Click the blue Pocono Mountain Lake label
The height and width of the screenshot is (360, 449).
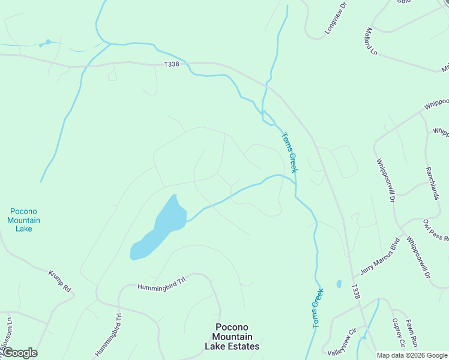pos(24,220)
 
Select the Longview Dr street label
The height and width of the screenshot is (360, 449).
pos(336,22)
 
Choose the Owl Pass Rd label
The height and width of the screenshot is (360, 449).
pos(436,230)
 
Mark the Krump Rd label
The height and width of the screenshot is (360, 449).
pos(59,281)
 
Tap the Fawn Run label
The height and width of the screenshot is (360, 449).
pos(411,335)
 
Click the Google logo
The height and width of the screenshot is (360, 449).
pos(20,353)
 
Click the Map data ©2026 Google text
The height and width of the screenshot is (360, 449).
pos(412,355)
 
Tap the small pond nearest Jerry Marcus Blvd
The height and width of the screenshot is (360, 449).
pos(339,284)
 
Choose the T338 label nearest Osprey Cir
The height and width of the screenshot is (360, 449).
pos(356,292)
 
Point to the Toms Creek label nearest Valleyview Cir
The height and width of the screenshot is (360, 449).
pos(318,308)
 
